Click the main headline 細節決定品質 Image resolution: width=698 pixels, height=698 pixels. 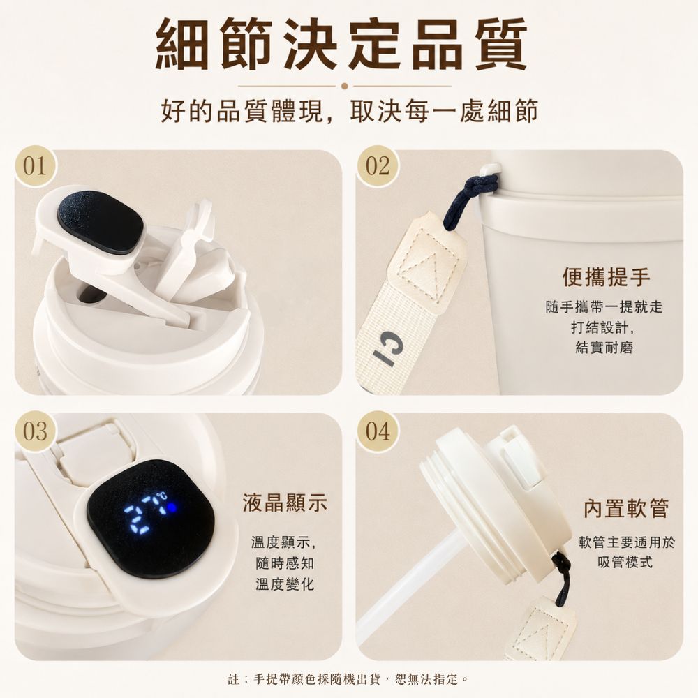341,43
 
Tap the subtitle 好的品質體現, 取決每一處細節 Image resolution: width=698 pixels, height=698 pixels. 350,111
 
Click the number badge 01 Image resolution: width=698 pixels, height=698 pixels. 35,167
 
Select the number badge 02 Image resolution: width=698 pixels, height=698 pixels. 378,167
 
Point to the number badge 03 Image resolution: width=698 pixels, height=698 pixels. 35,431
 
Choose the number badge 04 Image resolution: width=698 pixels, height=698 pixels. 378,431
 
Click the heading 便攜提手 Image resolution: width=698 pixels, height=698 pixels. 606,277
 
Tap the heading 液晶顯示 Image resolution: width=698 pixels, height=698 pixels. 285,503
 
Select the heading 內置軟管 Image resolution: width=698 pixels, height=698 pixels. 626,508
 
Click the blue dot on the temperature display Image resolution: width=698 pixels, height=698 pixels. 172,507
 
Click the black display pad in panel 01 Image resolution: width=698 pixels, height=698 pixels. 100,223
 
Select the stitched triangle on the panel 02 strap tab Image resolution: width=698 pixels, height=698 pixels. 422,273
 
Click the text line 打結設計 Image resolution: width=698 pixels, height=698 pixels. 603,327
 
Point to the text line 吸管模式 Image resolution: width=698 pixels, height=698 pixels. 625,562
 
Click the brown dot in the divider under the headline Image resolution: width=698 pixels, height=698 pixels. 344,86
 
